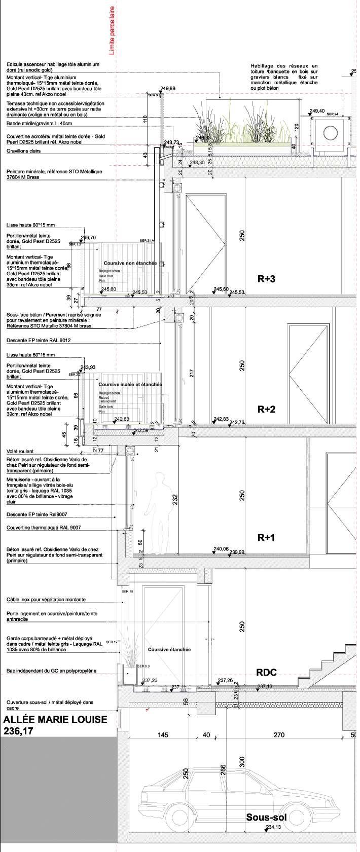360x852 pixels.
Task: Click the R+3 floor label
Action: click(x=266, y=278)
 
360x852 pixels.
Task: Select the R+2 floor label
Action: click(x=266, y=409)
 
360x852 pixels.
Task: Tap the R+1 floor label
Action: click(x=266, y=538)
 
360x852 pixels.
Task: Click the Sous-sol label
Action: click(x=266, y=817)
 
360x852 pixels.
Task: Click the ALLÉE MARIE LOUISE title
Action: click(x=55, y=720)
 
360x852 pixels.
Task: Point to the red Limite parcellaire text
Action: click(x=113, y=30)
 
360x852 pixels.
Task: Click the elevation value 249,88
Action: click(x=167, y=89)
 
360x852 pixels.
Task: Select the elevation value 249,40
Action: click(x=317, y=110)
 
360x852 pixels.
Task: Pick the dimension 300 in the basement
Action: click(x=242, y=762)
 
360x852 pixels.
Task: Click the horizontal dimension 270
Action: click(x=279, y=735)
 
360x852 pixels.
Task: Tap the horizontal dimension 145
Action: click(x=163, y=735)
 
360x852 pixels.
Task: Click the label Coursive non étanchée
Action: click(x=130, y=264)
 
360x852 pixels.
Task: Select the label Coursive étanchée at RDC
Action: click(x=169, y=649)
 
